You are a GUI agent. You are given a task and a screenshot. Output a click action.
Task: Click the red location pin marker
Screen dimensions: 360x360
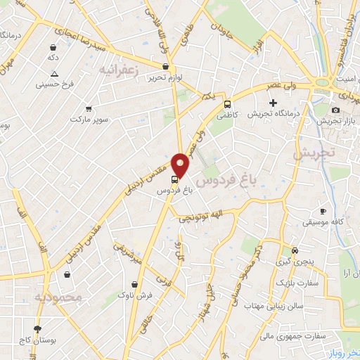pos(181,165)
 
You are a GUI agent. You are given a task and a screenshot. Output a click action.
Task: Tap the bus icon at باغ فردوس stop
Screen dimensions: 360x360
pos(175,179)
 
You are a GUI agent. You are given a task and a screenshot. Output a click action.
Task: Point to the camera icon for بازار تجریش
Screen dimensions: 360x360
pos(335,110)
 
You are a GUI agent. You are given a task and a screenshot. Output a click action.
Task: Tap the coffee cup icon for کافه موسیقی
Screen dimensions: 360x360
pos(323,211)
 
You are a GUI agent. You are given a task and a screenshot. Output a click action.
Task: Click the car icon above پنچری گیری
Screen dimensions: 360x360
pos(295,250)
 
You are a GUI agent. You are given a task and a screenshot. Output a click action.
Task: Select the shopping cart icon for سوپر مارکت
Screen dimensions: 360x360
pos(89,109)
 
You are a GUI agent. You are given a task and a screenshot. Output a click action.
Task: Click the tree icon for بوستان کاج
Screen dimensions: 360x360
pos(37,328)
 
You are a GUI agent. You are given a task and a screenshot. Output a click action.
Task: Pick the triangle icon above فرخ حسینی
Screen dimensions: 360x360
pos(54,75)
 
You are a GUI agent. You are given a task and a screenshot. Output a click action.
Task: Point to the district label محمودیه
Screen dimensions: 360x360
pos(59,298)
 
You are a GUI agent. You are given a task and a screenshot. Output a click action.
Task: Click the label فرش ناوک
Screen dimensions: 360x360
pos(134,295)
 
